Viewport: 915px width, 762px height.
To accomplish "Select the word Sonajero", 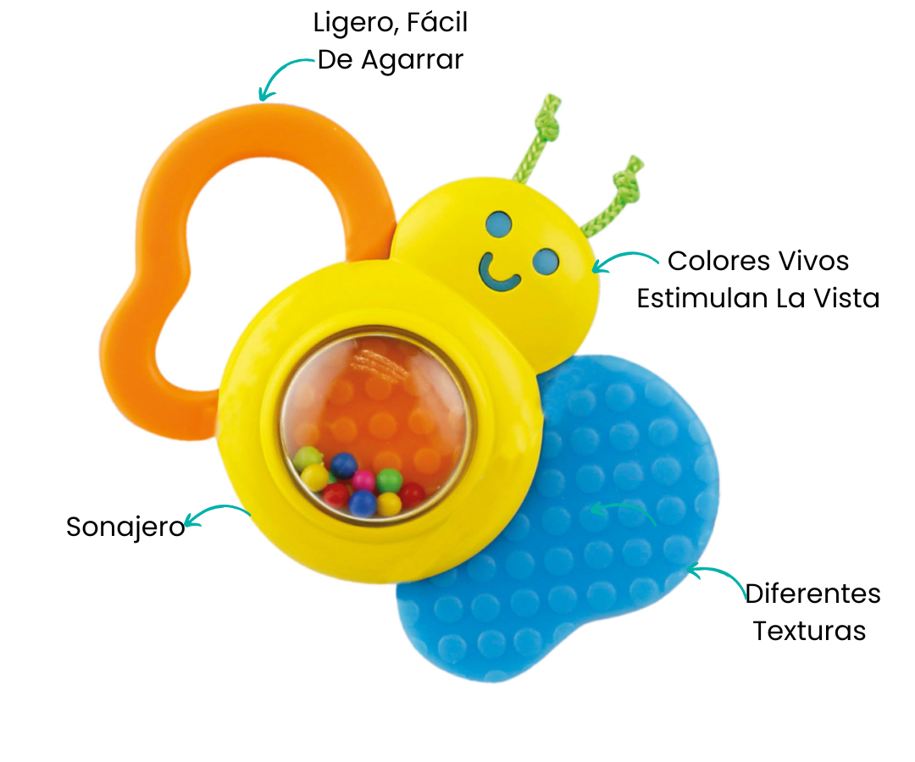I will pos(125,527).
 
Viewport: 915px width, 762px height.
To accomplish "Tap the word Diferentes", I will pos(812,594).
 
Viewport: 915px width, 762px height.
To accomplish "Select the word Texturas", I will pos(809,631).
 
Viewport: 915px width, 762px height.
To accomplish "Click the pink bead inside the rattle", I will pos(364,480).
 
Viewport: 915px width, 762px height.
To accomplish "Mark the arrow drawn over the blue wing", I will pos(623,510).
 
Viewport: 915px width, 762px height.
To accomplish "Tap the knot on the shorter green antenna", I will pos(628,179).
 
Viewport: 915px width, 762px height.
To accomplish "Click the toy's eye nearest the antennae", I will pos(500,224).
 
